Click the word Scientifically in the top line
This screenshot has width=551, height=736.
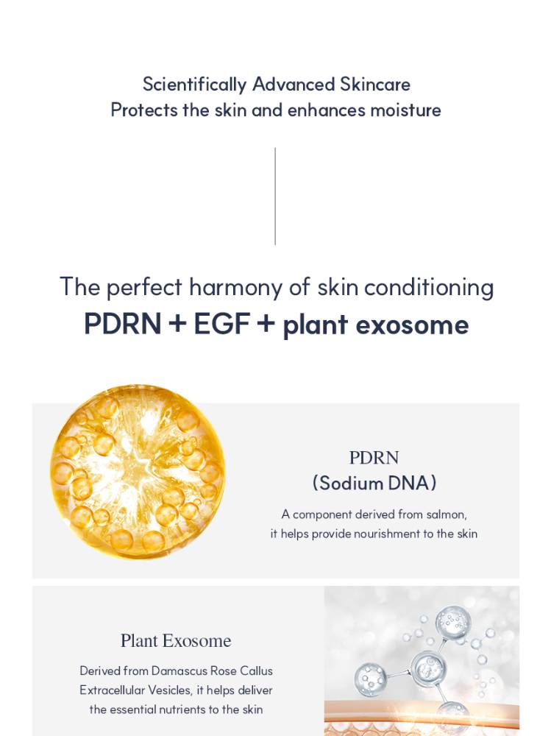click(x=194, y=85)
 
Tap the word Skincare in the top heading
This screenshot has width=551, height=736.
click(x=375, y=85)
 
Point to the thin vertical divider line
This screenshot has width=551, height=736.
click(x=275, y=197)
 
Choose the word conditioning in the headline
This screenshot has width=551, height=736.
click(x=429, y=287)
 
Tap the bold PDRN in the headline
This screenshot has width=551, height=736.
click(x=123, y=324)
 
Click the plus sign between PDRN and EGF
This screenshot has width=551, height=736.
click(x=177, y=324)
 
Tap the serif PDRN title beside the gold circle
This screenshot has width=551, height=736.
click(x=374, y=458)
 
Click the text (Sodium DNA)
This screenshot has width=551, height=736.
click(x=374, y=483)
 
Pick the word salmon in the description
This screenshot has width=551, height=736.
click(x=446, y=514)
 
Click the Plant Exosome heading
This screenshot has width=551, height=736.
click(x=176, y=641)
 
